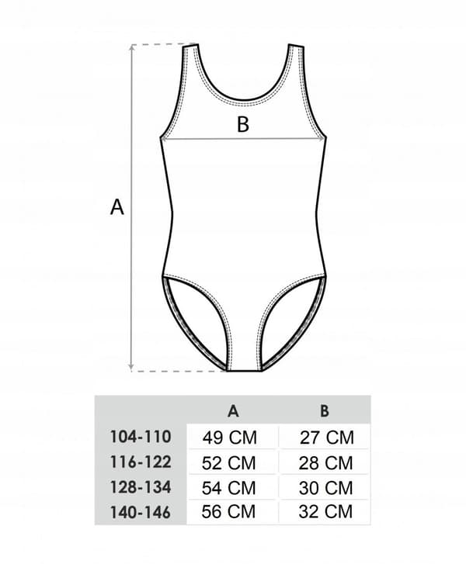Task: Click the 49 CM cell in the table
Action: click(x=230, y=438)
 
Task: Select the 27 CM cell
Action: click(x=327, y=438)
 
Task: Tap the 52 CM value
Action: click(x=229, y=463)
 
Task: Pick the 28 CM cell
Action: click(x=325, y=463)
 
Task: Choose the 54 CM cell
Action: click(x=229, y=488)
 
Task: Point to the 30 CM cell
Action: click(x=325, y=488)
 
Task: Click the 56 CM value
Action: click(x=228, y=512)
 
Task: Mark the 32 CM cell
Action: click(x=325, y=512)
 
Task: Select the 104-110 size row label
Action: click(x=141, y=437)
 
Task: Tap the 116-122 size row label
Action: click(x=141, y=462)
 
